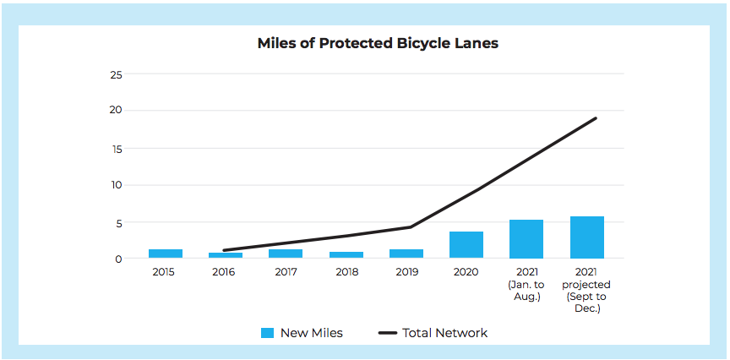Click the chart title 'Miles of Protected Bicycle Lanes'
[378, 43]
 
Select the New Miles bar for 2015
[166, 254]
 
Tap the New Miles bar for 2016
[226, 255]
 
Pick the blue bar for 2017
[286, 254]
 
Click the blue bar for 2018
[346, 255]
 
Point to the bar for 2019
[406, 254]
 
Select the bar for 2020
[466, 245]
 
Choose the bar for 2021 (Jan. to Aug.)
[526, 239]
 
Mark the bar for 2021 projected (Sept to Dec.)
[587, 237]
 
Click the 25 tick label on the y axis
[116, 74]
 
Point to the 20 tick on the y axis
[116, 111]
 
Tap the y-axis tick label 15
[116, 149]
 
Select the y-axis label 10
[116, 185]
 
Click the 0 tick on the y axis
[119, 259]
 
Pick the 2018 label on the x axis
[347, 272]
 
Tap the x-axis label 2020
[466, 272]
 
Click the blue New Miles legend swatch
[267, 333]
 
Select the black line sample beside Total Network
[388, 333]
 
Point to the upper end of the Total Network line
[596, 117]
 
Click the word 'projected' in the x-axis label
[586, 285]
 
